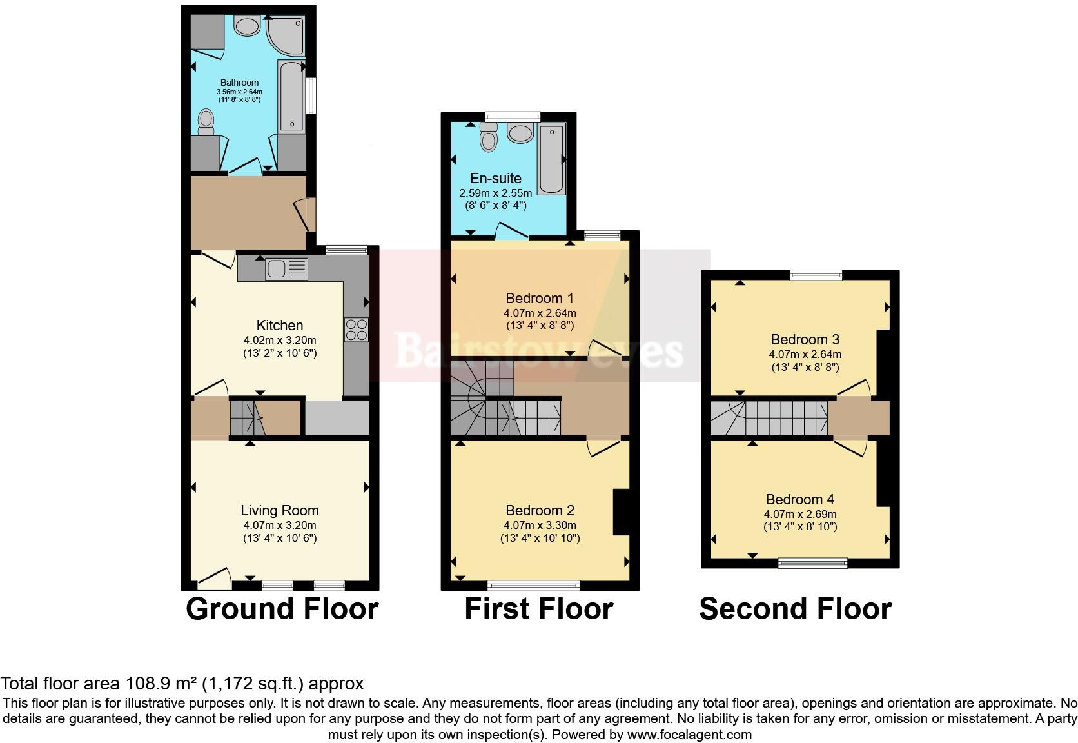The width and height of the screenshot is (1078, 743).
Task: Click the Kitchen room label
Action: [279, 325]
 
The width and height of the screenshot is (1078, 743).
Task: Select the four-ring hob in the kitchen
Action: [357, 330]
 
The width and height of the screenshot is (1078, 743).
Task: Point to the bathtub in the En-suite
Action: [552, 159]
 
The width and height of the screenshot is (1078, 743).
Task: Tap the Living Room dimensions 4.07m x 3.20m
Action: [279, 525]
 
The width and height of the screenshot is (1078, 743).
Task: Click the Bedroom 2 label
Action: [540, 511]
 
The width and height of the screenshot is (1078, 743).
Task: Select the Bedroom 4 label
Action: [799, 499]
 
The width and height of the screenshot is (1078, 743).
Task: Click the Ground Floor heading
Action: [282, 609]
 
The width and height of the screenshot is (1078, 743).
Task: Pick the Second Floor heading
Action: [795, 609]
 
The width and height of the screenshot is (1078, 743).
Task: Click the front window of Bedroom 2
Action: [534, 586]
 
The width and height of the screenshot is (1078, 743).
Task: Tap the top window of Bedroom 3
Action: [816, 275]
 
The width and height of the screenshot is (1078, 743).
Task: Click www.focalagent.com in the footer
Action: [689, 734]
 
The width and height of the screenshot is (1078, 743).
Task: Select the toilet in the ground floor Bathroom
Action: [206, 122]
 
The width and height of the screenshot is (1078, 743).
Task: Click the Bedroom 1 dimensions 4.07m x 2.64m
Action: [540, 313]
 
